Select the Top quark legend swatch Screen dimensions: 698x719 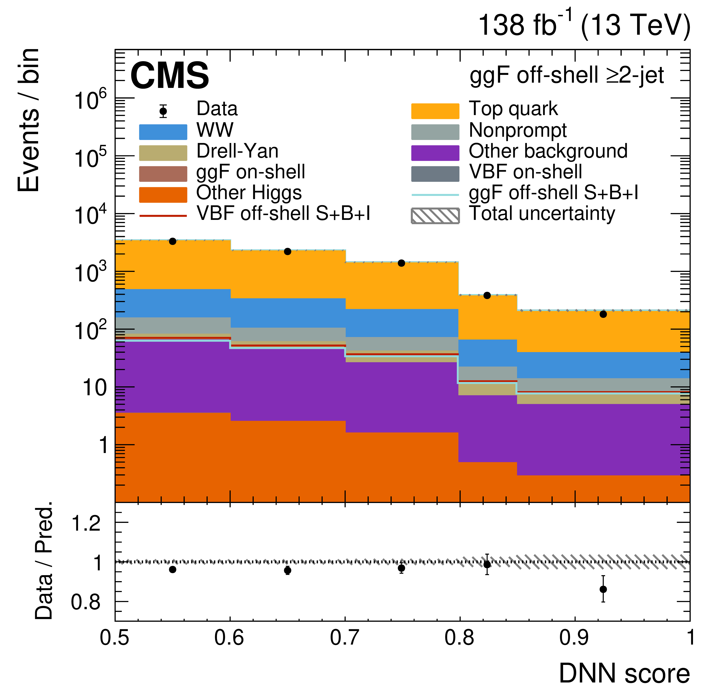tap(435, 111)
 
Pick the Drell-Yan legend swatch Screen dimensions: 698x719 tap(163, 153)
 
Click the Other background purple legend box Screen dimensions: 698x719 tap(435, 153)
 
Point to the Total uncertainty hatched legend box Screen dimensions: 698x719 tap(435, 216)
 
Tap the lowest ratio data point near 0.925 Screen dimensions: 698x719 tap(603, 589)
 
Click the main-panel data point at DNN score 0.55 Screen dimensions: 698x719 tap(173, 241)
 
